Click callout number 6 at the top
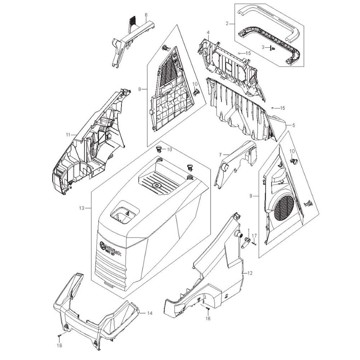[146, 15]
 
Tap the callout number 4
[208, 33]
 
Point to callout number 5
[293, 125]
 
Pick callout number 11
[67, 135]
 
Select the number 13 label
[81, 208]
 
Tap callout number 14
[150, 313]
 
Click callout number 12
[250, 273]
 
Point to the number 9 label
[251, 196]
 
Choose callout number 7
[220, 154]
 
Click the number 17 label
[254, 235]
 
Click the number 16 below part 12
[208, 319]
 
